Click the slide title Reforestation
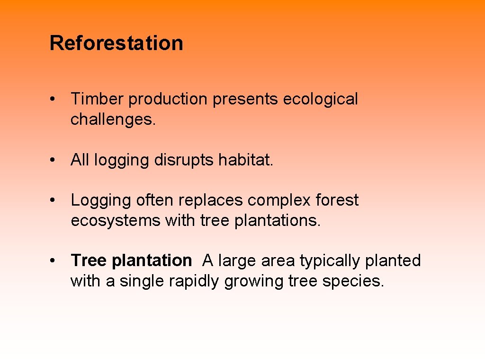coord(116,43)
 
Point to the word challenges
coord(113,120)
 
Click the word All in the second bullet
coord(80,160)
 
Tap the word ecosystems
coord(116,221)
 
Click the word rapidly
coord(196,281)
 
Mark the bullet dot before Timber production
coord(55,100)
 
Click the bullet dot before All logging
coord(55,161)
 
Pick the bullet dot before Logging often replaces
coord(55,201)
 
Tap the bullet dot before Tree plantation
coord(55,261)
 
